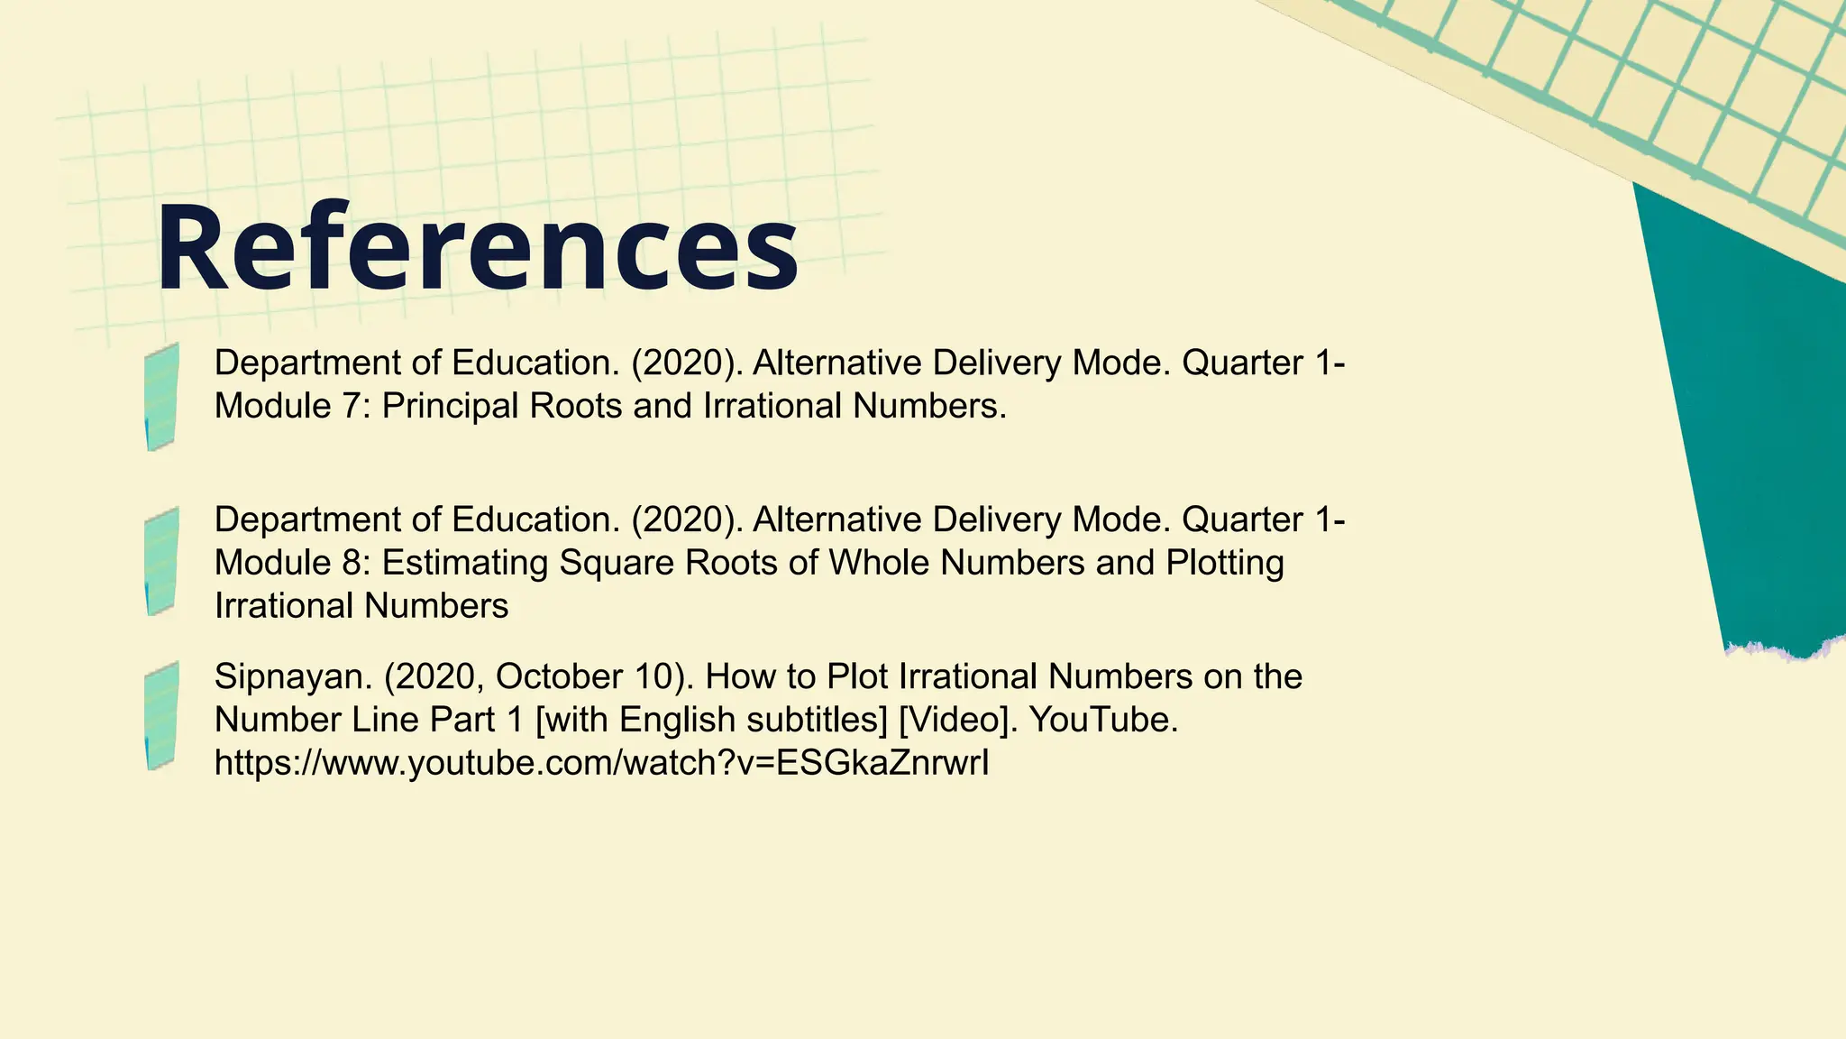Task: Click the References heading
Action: pos(477,248)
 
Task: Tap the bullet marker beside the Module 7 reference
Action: pos(161,397)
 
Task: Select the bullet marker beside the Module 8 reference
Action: pos(161,561)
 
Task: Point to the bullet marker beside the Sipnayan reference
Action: pos(161,716)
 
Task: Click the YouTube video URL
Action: pos(601,763)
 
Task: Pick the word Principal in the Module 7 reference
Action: pos(450,406)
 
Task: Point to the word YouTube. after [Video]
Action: pos(1103,720)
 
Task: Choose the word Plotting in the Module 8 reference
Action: pos(1225,563)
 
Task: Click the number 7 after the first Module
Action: pos(351,406)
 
